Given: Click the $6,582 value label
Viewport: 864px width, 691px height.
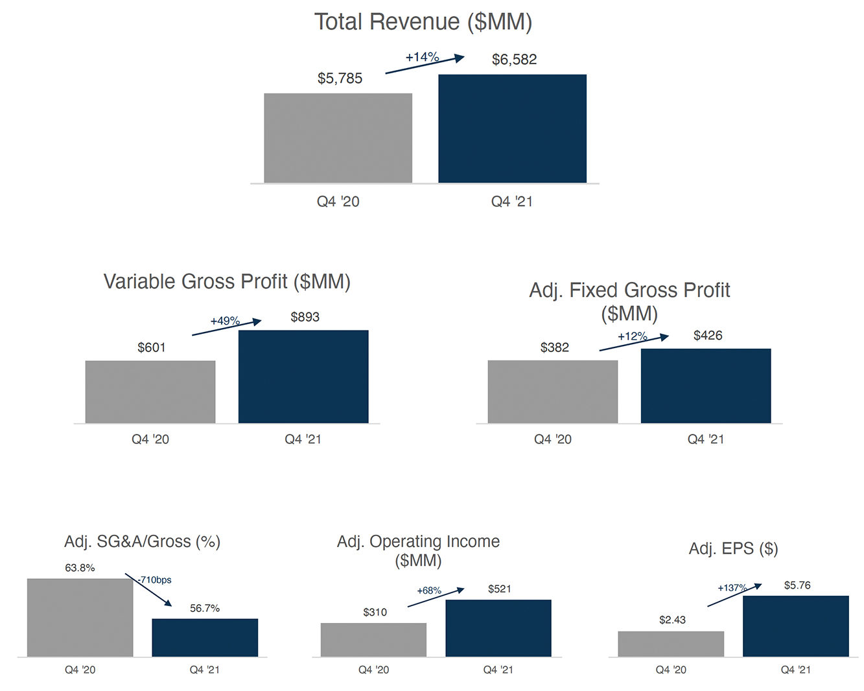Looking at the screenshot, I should tap(514, 60).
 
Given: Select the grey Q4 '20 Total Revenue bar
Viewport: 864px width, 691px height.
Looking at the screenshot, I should tap(338, 137).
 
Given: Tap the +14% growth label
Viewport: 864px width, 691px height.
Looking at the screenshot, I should tap(422, 57).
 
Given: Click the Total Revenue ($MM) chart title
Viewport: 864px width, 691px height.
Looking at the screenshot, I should tap(423, 22).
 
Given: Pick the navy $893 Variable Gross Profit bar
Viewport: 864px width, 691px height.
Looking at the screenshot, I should tap(303, 377).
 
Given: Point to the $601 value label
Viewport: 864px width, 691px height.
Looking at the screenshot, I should tap(151, 347).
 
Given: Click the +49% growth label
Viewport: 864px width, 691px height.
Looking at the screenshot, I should tap(225, 321).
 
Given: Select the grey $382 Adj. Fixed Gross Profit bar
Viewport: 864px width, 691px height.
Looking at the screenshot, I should tap(552, 392).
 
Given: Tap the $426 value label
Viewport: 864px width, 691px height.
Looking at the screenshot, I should tap(707, 335).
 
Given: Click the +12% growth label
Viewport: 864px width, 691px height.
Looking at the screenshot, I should tap(632, 336).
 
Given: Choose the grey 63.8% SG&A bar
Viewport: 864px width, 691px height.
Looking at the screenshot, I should tap(80, 617).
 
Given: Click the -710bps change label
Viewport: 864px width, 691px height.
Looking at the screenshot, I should tap(156, 580).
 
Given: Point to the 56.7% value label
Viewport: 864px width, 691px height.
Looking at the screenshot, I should tap(205, 608).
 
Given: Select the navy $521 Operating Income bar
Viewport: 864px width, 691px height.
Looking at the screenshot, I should tap(498, 627).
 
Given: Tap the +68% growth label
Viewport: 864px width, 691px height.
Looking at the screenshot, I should tap(429, 591).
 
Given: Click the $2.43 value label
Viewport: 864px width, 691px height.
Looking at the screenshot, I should tap(672, 620).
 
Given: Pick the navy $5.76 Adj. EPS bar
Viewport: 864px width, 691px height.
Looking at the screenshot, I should tap(795, 626).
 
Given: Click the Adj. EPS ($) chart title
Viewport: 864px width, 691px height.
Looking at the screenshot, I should tap(733, 549).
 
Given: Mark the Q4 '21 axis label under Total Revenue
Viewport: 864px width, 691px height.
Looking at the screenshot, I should tap(511, 202).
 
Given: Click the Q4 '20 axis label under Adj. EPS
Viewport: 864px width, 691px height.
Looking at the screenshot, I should tap(671, 670).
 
